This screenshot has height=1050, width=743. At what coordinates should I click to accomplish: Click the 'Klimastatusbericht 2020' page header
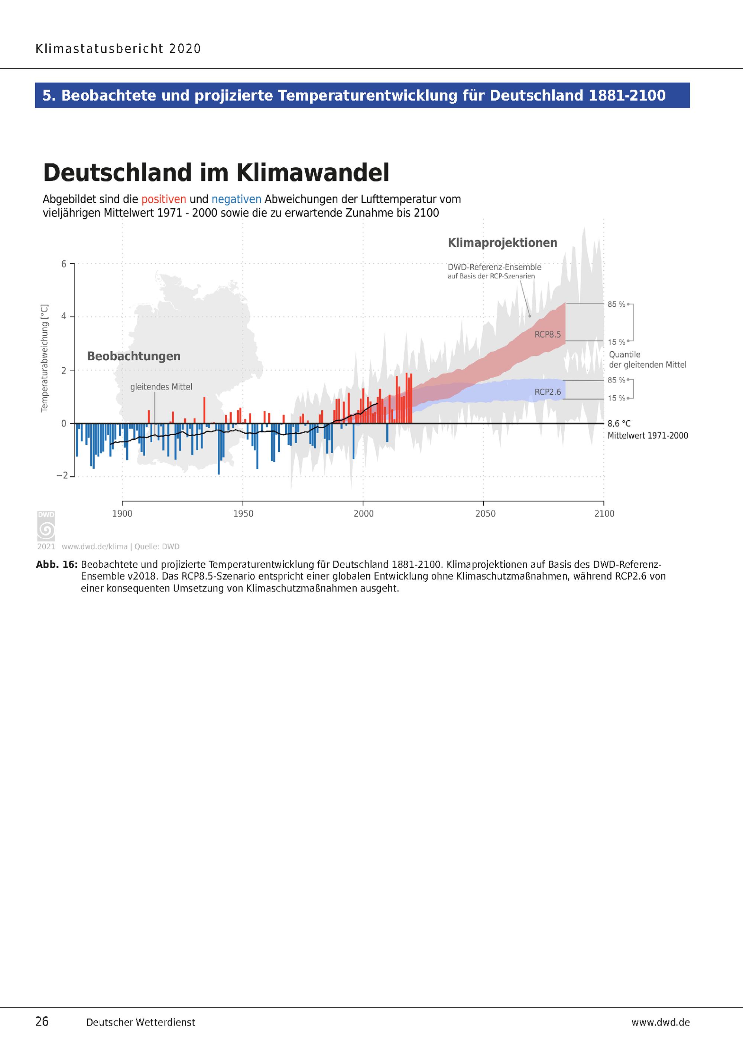pyautogui.click(x=118, y=49)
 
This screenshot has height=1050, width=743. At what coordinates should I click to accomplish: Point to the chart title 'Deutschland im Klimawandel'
pyautogui.click(x=216, y=173)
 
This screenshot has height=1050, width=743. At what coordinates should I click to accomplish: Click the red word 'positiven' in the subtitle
pyautogui.click(x=164, y=199)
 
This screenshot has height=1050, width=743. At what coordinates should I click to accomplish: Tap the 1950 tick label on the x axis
pyautogui.click(x=243, y=513)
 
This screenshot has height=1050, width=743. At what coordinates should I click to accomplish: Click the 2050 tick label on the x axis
pyautogui.click(x=485, y=513)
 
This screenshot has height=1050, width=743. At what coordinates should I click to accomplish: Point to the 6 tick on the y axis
pyautogui.click(x=64, y=264)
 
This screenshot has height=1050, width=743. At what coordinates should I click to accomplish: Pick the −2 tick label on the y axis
pyautogui.click(x=62, y=476)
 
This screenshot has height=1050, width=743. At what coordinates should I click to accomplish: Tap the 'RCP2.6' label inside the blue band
pyautogui.click(x=548, y=392)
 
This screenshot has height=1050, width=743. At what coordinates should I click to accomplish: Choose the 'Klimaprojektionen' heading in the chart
pyautogui.click(x=502, y=242)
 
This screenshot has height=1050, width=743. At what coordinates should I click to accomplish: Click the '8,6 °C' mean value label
pyautogui.click(x=619, y=424)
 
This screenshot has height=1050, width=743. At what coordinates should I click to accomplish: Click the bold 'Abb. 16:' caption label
pyautogui.click(x=57, y=564)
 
